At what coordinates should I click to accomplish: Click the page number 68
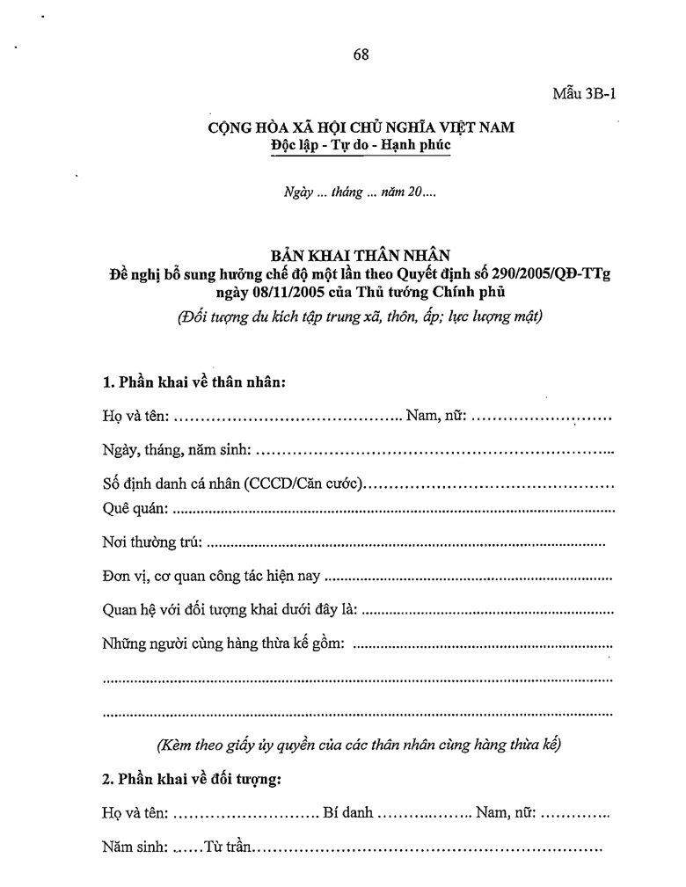click(x=361, y=54)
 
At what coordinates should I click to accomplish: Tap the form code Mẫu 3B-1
click(x=583, y=94)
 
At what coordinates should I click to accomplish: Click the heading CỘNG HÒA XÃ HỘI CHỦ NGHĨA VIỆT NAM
click(x=361, y=127)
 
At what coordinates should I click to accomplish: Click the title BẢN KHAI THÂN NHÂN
click(x=361, y=256)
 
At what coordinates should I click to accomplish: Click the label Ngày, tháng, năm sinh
click(x=176, y=451)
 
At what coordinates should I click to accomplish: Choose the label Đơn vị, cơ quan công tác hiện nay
click(x=212, y=578)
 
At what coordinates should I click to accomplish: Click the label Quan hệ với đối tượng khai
click(x=230, y=611)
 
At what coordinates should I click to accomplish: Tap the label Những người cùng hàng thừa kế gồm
click(x=223, y=644)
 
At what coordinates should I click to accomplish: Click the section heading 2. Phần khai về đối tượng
click(x=192, y=780)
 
